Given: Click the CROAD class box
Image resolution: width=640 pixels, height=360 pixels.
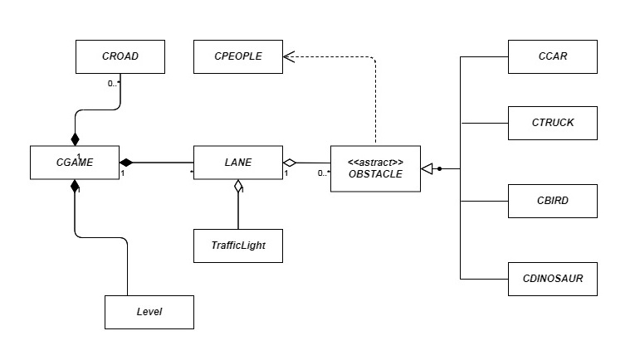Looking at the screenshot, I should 120,56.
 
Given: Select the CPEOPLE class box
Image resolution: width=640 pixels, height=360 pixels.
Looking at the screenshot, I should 238,56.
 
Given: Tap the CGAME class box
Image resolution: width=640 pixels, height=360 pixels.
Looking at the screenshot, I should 75,163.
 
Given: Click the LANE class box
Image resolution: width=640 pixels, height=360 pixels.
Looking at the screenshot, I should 238,163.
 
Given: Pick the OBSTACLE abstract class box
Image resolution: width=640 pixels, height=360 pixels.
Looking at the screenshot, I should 375,168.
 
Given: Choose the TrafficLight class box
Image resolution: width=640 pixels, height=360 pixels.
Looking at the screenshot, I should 238,246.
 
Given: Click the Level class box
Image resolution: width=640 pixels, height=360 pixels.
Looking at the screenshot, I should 149,311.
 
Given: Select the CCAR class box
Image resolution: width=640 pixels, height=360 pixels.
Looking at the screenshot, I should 552,56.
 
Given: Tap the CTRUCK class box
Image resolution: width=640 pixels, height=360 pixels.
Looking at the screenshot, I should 552,123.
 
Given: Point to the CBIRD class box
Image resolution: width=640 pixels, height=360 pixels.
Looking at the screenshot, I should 552,201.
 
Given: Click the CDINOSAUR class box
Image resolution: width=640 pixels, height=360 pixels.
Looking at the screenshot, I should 552,279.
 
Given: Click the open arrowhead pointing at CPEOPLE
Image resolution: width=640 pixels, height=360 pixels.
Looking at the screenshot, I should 290,56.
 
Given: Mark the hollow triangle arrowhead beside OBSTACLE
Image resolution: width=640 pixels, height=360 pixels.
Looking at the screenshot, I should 427,169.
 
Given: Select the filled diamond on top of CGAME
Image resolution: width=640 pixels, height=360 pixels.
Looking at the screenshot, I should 75,138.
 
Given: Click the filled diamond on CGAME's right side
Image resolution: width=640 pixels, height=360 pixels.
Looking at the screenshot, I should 127,162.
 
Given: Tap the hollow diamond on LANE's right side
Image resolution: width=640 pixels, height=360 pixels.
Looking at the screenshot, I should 290,163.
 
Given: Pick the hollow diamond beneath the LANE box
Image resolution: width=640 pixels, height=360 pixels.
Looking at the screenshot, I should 238,186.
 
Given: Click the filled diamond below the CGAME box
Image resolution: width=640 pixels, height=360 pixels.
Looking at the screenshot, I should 75,187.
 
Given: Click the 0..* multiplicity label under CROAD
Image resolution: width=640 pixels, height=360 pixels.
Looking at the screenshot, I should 113,83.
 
